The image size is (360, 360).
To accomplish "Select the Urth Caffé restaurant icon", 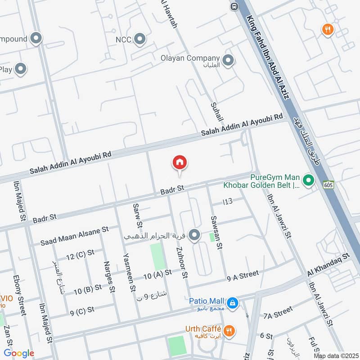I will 229,331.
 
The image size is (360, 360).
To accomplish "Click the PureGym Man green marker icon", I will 308,181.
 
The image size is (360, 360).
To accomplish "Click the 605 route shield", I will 328,184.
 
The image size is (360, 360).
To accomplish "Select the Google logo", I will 19,353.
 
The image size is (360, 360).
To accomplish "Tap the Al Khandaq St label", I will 328,265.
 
